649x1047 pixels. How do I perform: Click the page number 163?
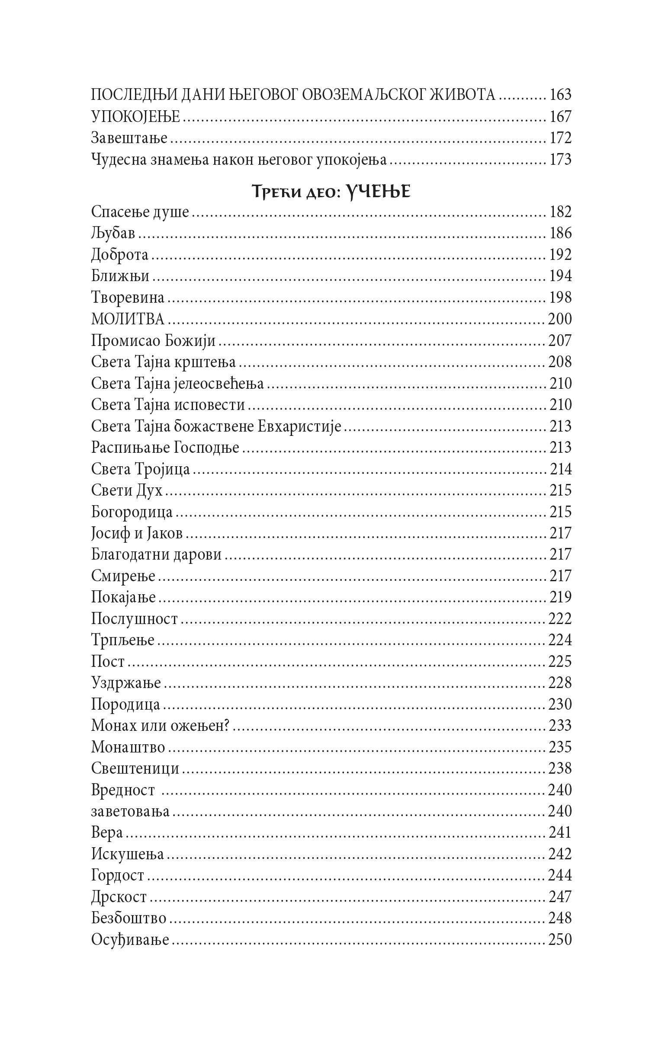[x=560, y=95]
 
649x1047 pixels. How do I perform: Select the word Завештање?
[x=129, y=138]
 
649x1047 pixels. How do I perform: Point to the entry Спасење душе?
[x=140, y=212]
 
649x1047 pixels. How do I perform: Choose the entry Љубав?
[x=113, y=234]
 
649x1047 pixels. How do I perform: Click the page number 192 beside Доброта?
[x=560, y=255]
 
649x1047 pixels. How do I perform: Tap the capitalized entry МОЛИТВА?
[x=128, y=319]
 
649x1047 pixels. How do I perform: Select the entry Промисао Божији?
[x=153, y=341]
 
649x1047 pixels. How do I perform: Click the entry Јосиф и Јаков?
[x=137, y=533]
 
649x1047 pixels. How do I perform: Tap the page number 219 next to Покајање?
[x=560, y=597]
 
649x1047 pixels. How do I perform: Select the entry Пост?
[x=108, y=662]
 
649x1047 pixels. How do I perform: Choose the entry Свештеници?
[x=135, y=768]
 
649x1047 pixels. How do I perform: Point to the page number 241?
[x=560, y=832]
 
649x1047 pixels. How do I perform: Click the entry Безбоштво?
[x=129, y=918]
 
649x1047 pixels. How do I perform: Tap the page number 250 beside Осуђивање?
[x=560, y=940]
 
